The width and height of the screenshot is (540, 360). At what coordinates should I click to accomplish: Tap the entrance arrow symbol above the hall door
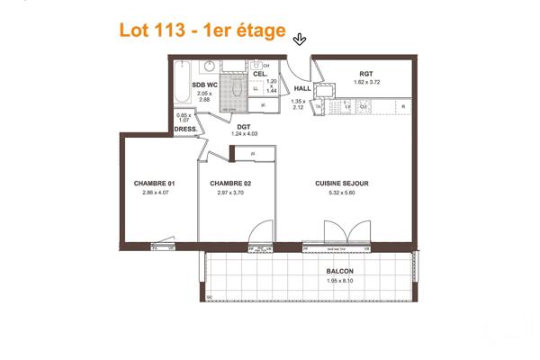pos(300,37)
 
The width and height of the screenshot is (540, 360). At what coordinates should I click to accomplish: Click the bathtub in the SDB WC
pos(183,87)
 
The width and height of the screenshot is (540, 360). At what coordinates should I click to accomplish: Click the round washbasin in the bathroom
pos(208,67)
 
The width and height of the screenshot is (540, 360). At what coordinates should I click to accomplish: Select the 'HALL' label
pos(302,88)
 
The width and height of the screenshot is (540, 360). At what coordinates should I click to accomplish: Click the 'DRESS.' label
pos(185,129)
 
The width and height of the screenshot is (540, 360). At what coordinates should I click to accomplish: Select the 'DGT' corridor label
pos(243,127)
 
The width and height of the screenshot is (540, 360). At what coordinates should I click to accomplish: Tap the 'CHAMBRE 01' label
pos(153,184)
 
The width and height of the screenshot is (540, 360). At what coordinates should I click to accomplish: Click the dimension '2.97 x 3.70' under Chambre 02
pos(230,193)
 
